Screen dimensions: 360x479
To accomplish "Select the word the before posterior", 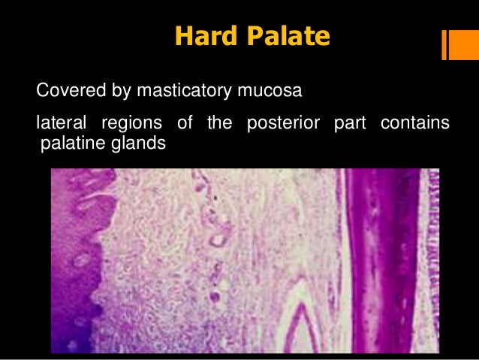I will [219, 123].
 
